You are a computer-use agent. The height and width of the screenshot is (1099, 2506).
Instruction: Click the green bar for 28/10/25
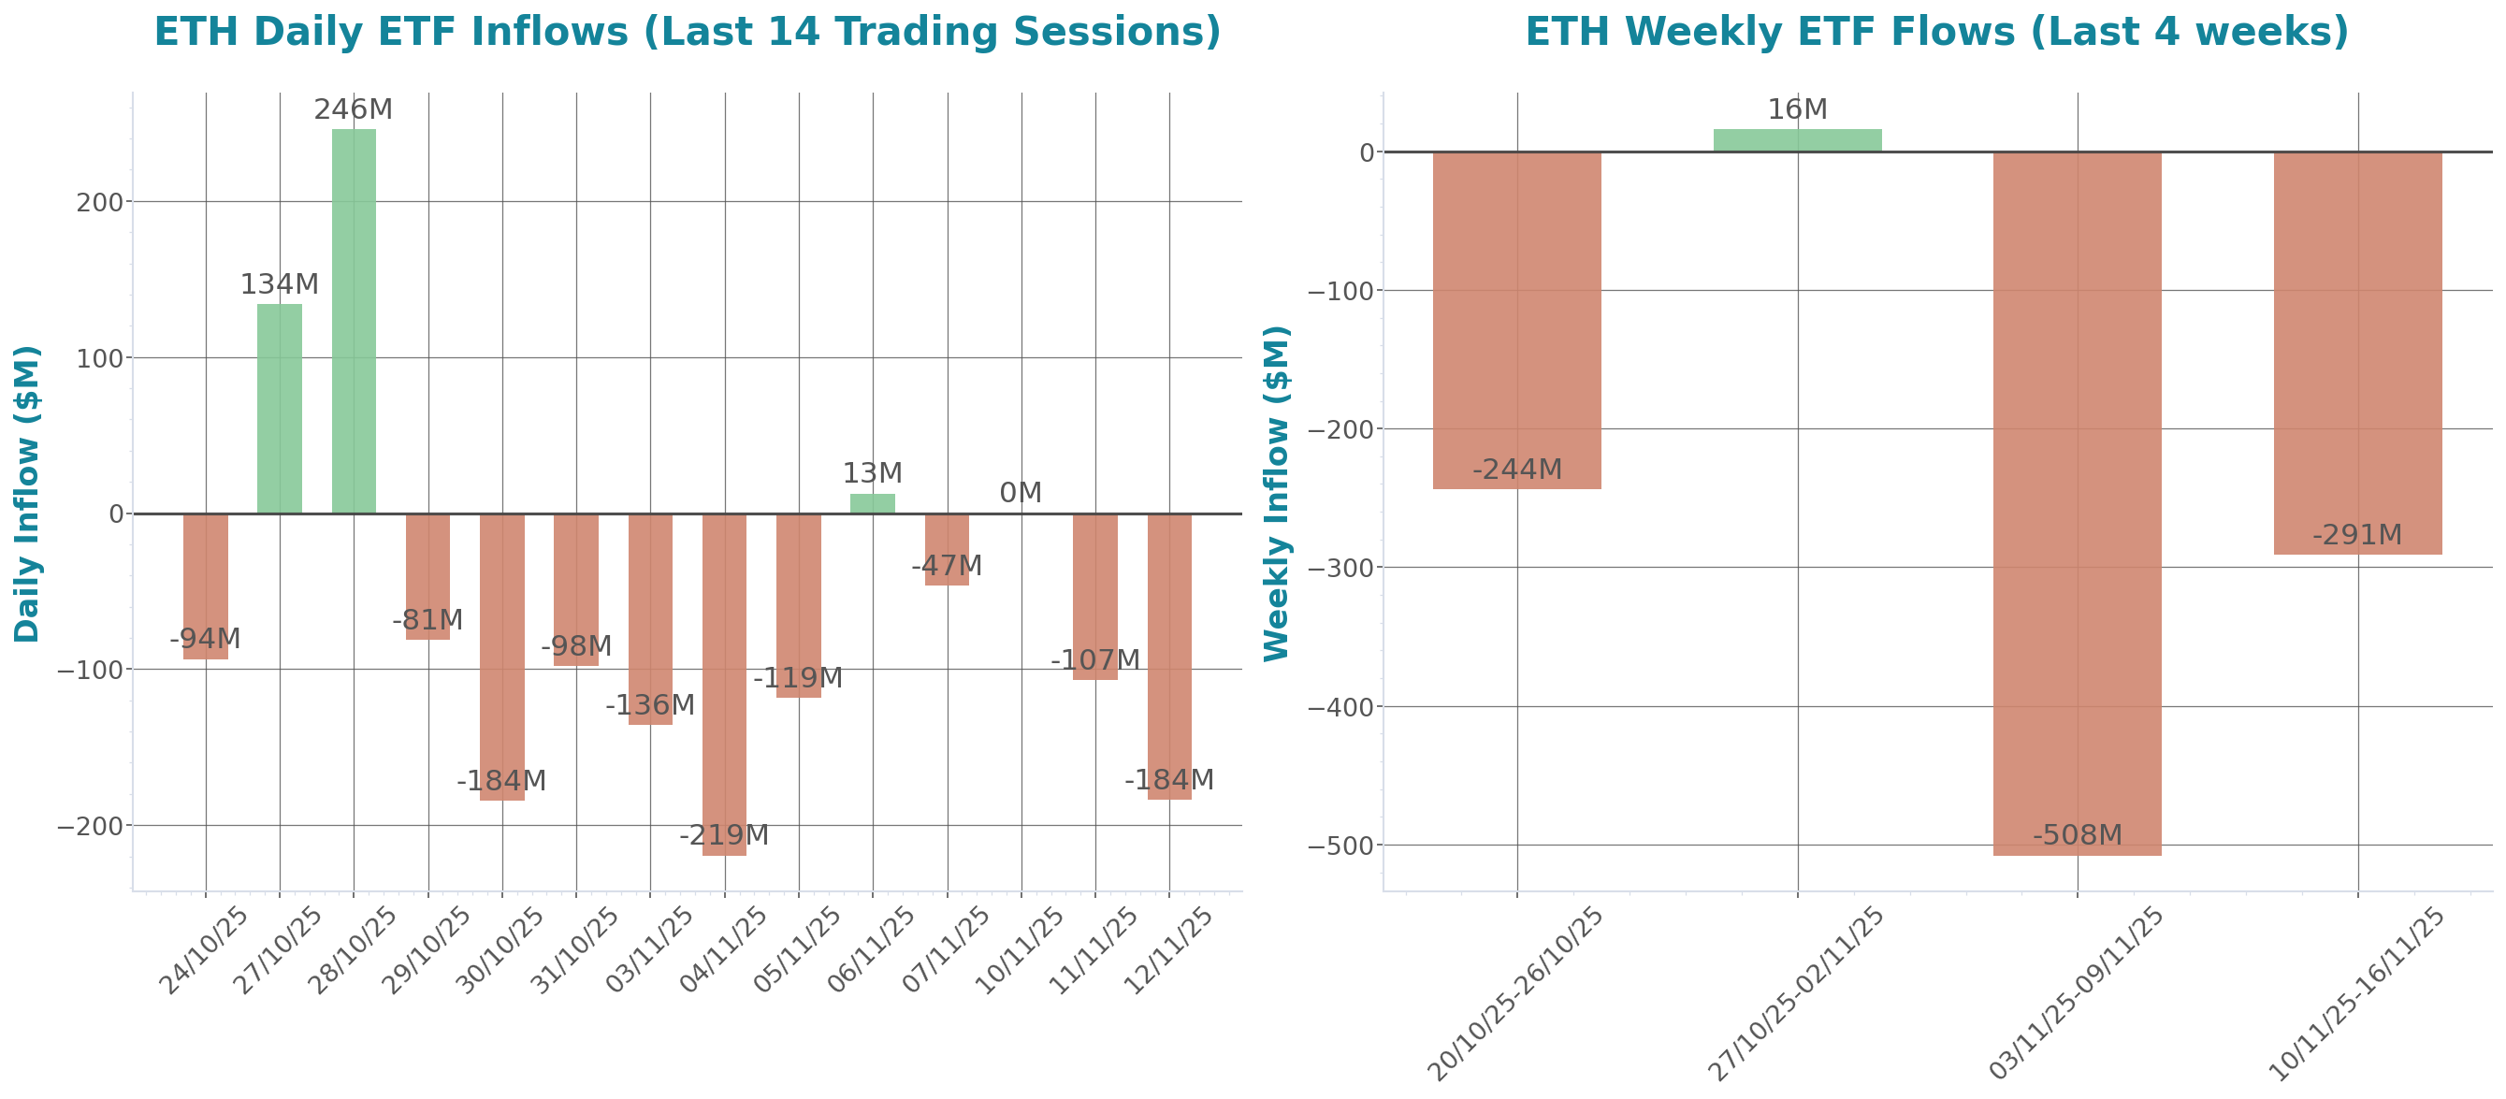click(354, 321)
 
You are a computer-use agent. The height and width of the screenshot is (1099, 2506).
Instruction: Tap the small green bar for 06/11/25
click(872, 504)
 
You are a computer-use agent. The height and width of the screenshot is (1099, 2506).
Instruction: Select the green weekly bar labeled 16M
click(1797, 140)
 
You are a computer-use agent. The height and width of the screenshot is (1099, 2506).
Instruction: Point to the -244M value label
click(1516, 470)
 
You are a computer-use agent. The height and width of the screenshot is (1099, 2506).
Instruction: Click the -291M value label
click(2357, 535)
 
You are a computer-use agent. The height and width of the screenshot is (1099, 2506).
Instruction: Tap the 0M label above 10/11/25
click(1021, 493)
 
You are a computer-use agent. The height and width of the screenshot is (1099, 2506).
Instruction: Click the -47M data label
click(947, 566)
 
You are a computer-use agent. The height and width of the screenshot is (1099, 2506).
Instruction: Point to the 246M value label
click(354, 110)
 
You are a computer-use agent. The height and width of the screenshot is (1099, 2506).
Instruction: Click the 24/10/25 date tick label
click(204, 950)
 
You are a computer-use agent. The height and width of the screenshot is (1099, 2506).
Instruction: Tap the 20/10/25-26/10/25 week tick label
click(1514, 994)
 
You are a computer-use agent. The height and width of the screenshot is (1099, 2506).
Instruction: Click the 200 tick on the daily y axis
click(100, 202)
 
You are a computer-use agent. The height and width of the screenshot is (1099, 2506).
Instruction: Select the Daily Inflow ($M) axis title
click(26, 493)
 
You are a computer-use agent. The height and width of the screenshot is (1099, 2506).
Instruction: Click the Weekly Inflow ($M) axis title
click(1275, 493)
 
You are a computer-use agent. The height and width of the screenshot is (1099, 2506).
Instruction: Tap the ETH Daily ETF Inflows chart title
click(687, 31)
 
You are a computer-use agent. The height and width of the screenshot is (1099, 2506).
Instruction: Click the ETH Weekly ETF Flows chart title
click(1936, 31)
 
